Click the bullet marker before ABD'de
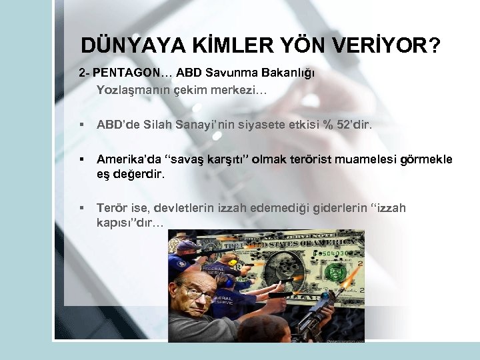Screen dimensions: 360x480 81,125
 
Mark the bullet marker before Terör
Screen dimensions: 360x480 81,209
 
